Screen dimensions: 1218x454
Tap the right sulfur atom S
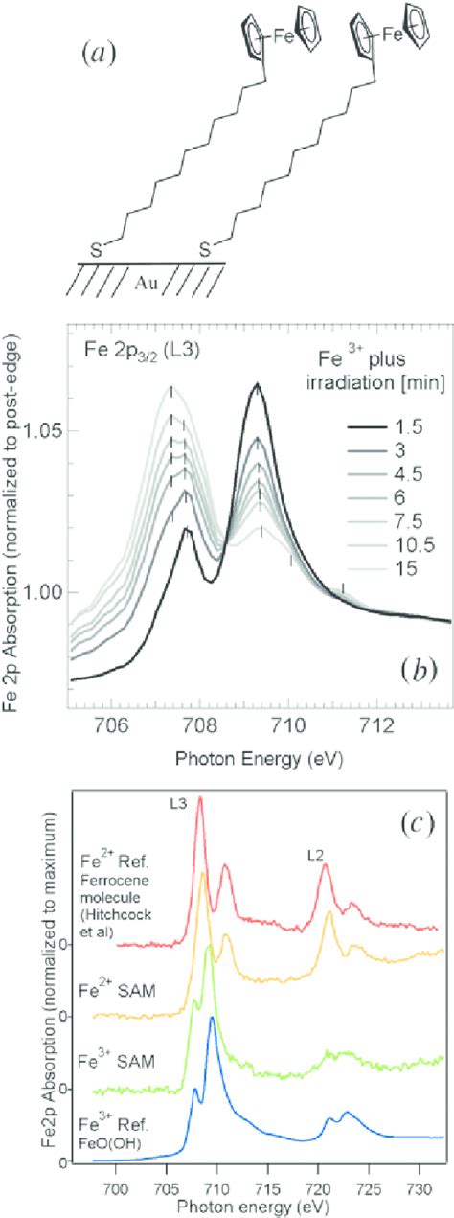coord(204,249)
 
